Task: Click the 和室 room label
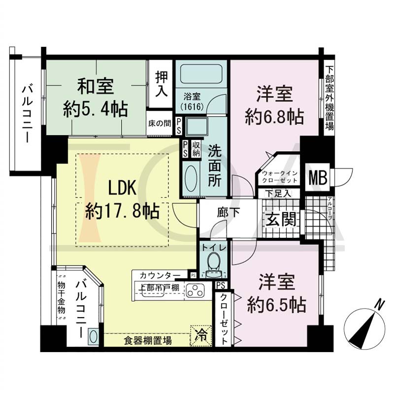pos(96,87)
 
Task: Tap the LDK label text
pos(122,188)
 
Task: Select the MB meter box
pos(318,177)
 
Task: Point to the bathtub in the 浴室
pos(201,73)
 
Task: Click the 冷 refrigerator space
pos(201,336)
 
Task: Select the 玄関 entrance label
pos(281,219)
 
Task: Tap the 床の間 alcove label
pos(159,123)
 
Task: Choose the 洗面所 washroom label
pos(215,166)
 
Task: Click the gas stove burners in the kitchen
pos(195,291)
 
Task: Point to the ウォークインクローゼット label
pos(280,177)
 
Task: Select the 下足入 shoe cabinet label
pos(278,194)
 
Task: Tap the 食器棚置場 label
pos(148,341)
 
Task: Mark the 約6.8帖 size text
pos(275,116)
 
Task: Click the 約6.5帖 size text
pos(277,305)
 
